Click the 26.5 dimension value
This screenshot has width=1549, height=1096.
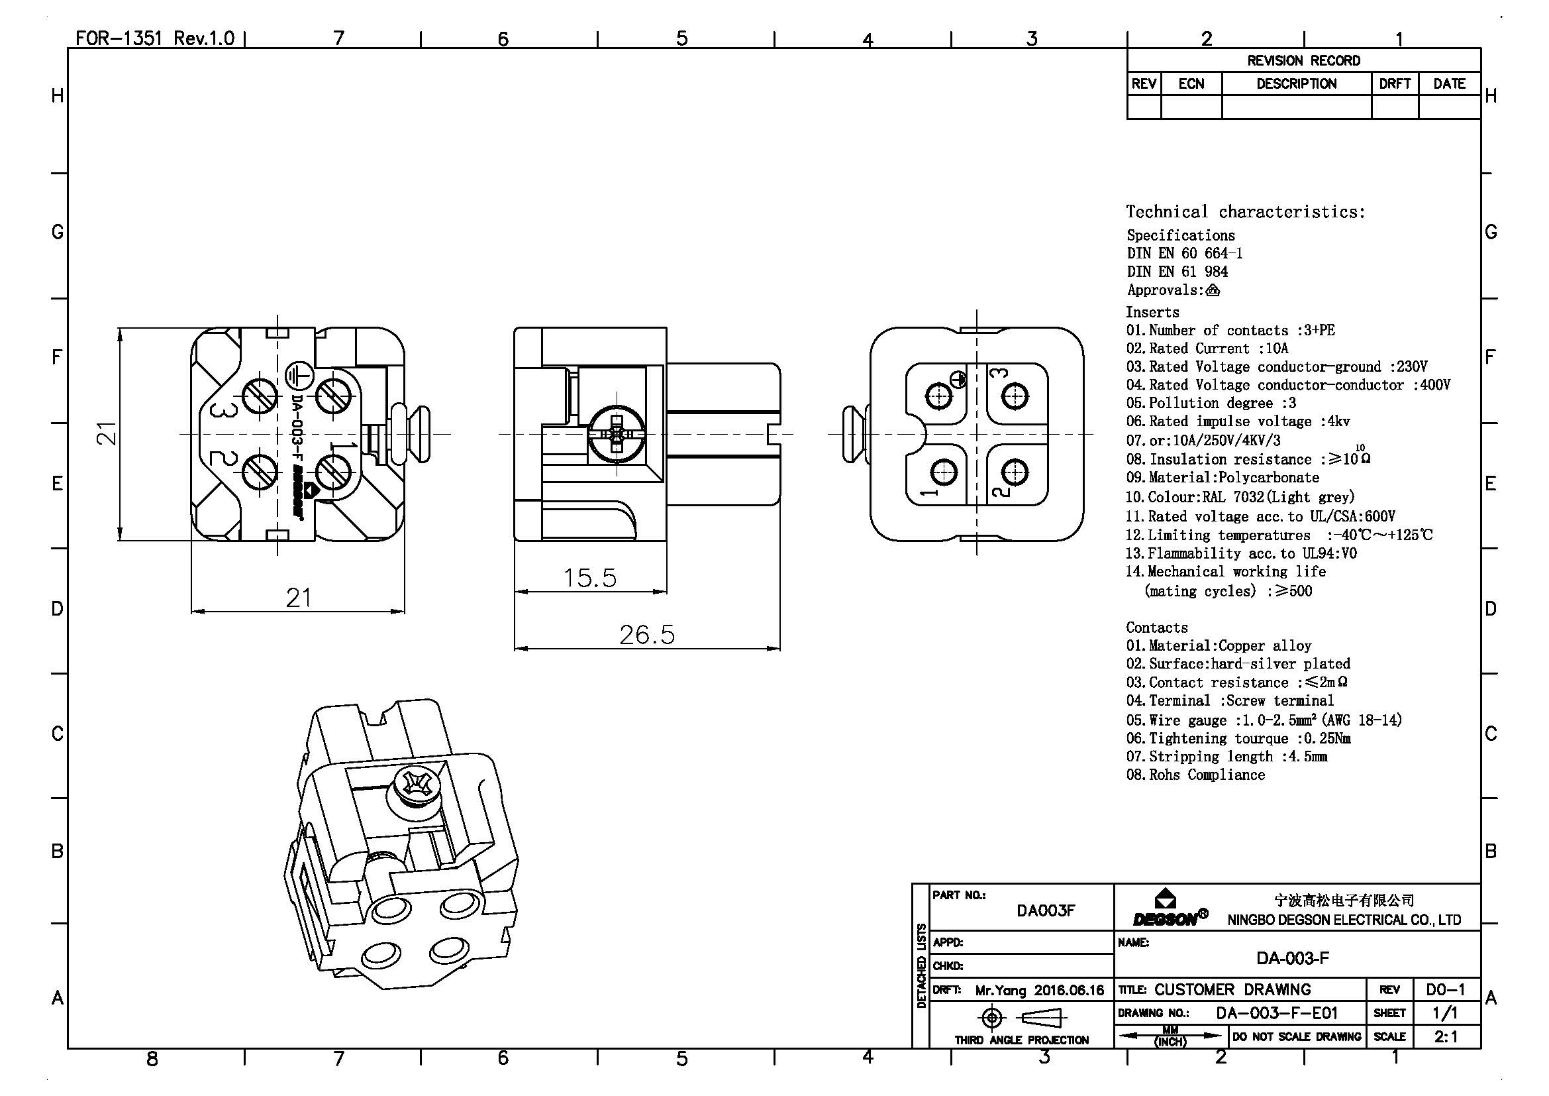[x=647, y=634]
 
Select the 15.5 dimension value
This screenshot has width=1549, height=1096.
[x=589, y=578]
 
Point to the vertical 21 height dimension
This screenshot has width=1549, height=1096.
[x=107, y=433]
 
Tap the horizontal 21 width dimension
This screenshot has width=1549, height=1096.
[x=298, y=598]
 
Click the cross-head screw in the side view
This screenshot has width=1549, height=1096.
[x=617, y=434]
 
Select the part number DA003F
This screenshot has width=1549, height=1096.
[x=1045, y=910]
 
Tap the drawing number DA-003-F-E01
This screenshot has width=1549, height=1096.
[x=1276, y=1013]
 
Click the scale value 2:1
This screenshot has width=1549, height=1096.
[x=1446, y=1036]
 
